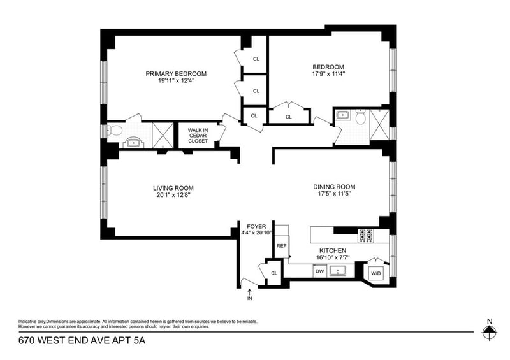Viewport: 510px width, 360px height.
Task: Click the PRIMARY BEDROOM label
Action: [x=176, y=74]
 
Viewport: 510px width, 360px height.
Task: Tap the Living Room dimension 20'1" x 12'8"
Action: [x=173, y=195]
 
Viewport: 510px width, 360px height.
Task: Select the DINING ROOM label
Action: [x=334, y=187]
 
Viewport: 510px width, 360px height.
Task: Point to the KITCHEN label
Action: [x=332, y=251]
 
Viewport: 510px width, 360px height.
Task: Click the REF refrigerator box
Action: [x=282, y=246]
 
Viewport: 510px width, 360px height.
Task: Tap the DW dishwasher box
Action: [x=320, y=271]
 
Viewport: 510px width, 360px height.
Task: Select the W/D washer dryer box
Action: [x=376, y=273]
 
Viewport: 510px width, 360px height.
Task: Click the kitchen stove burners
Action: [x=365, y=236]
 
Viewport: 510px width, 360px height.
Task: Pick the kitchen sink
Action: [x=338, y=271]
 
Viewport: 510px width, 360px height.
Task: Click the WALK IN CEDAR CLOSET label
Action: [x=198, y=136]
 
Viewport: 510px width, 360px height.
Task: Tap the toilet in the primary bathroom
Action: [x=115, y=131]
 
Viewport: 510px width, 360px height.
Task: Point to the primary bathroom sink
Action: [x=133, y=143]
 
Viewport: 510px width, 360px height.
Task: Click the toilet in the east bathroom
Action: [x=361, y=117]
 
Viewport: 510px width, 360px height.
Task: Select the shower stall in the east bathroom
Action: [x=379, y=125]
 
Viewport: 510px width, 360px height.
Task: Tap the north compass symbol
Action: [x=490, y=329]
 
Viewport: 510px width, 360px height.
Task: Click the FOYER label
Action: [x=256, y=226]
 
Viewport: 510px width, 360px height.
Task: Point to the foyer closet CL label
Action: [x=274, y=273]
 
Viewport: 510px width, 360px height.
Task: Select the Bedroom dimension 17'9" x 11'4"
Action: [x=328, y=74]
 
